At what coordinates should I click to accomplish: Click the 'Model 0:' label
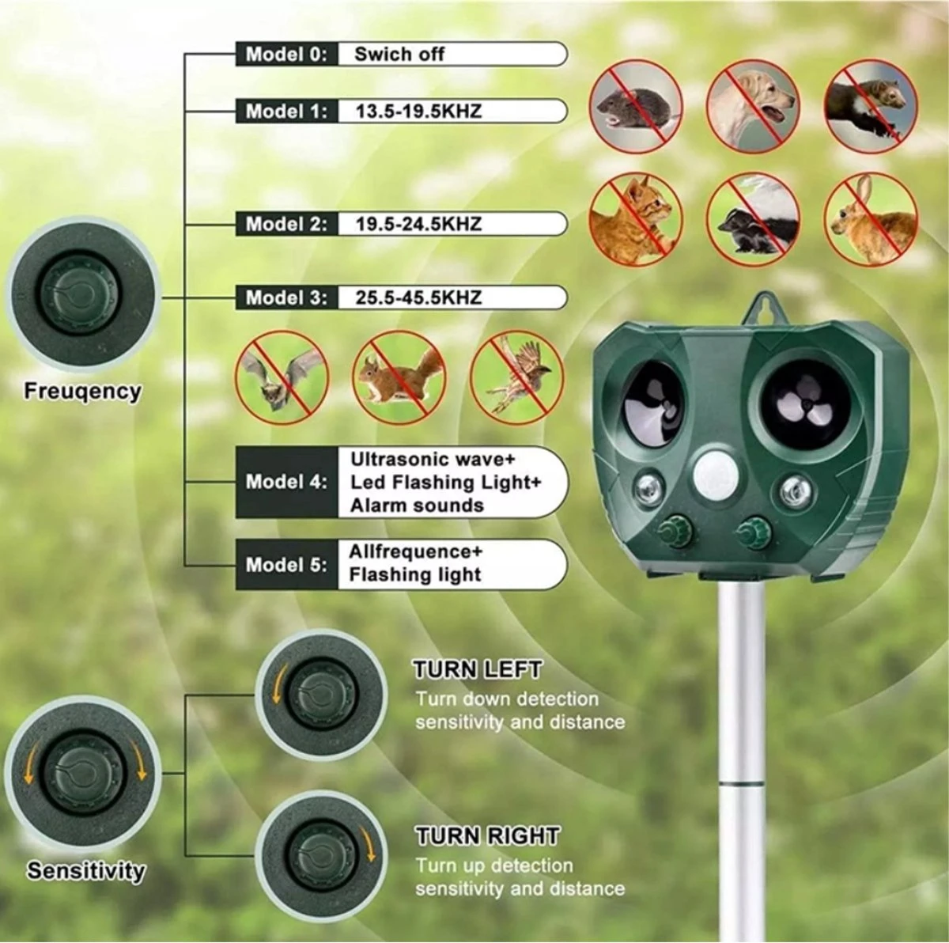pos(286,55)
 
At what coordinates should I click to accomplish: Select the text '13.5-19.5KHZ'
pos(418,112)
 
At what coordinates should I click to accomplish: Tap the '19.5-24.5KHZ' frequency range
pos(418,224)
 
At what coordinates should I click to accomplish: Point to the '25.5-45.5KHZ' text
pos(418,297)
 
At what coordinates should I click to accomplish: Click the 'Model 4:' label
pos(286,482)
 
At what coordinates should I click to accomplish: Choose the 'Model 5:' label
pos(286,565)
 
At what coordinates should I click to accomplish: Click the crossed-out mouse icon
pos(635,107)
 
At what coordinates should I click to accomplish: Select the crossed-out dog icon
pos(753,107)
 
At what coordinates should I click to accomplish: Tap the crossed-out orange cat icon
pos(635,220)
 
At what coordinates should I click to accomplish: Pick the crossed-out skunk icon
pos(753,220)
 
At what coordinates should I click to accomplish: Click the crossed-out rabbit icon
pos(871,220)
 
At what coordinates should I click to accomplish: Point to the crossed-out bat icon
pos(282,377)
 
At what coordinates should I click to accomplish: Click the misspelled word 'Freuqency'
pos(82,392)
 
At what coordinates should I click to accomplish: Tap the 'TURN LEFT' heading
pos(477,670)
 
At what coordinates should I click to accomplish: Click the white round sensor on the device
pos(713,476)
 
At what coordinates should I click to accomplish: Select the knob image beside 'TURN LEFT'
pos(322,695)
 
